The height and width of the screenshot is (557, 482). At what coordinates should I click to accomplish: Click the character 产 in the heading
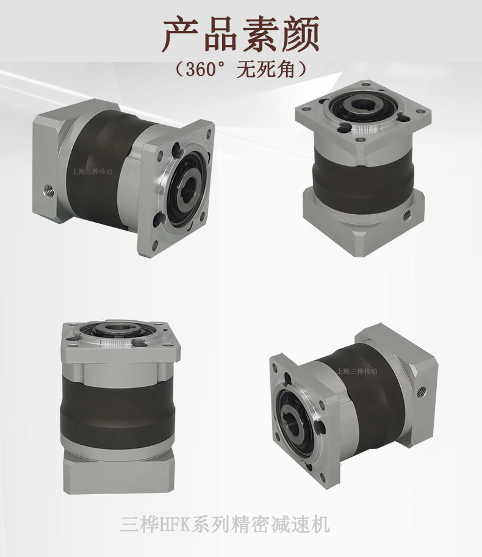(181, 34)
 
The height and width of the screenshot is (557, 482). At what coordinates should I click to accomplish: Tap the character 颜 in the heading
(301, 34)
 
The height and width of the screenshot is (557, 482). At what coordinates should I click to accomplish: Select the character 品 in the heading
(221, 34)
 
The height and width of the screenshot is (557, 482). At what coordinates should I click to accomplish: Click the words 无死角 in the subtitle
(266, 70)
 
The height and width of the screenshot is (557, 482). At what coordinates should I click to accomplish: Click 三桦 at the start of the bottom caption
(138, 524)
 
